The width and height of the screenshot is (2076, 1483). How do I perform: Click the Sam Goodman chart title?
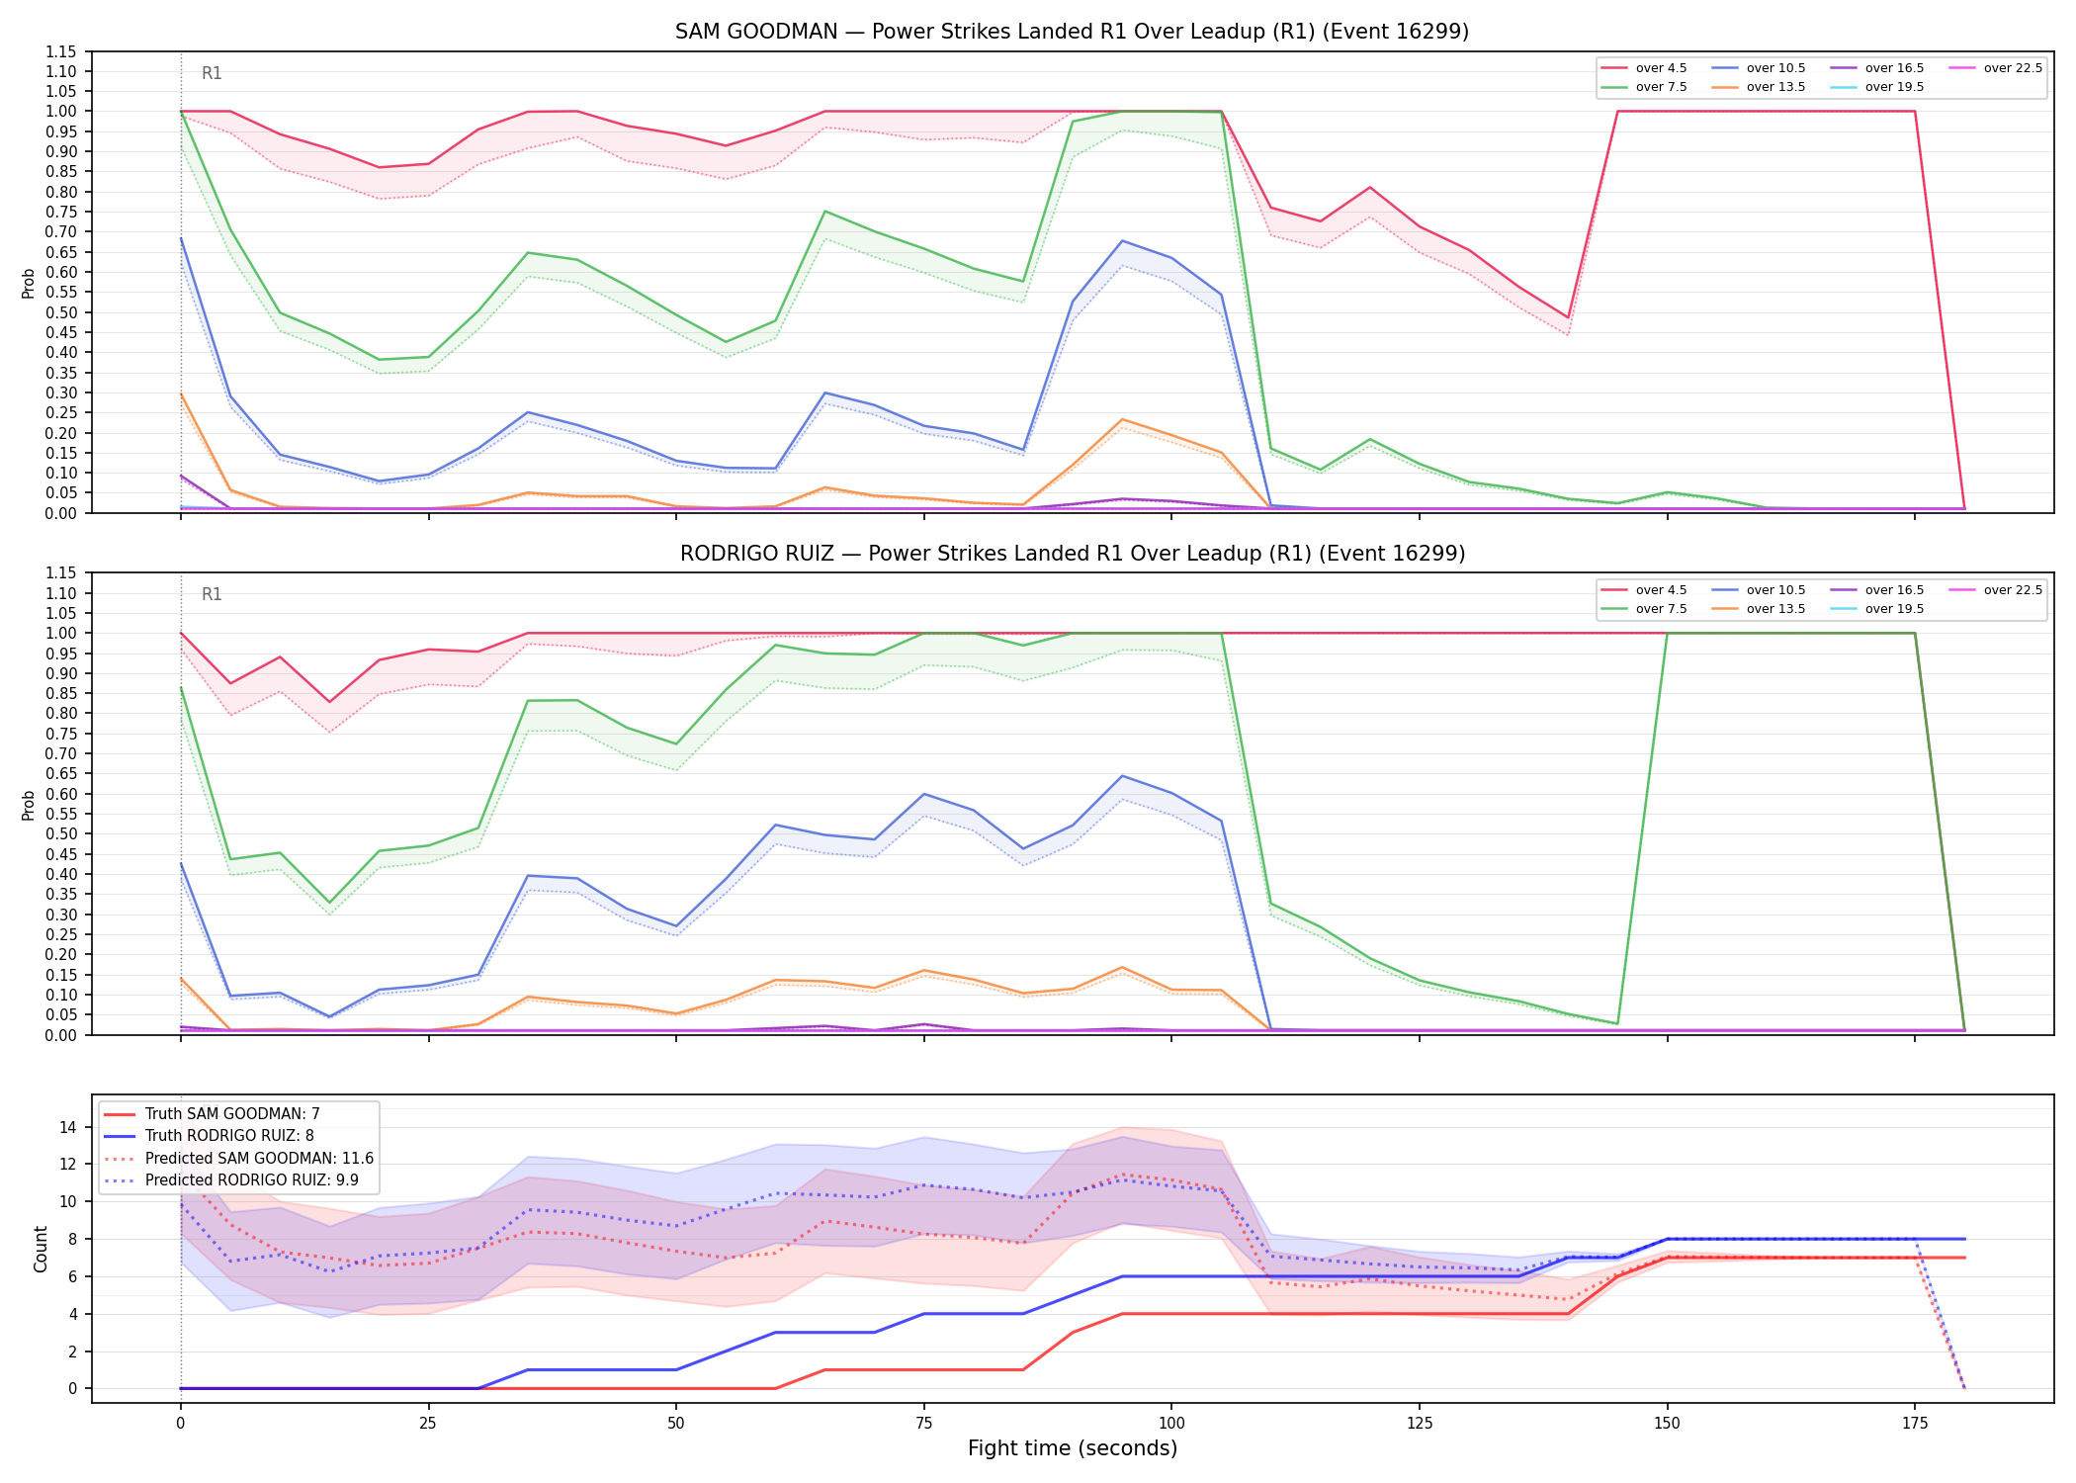1072,32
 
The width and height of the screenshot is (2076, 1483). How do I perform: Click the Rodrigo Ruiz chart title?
1072,554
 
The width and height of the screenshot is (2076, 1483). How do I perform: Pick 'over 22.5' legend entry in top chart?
1995,68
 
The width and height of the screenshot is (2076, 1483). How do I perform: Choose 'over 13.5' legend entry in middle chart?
1759,609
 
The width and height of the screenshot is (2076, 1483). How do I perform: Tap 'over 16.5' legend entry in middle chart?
1877,590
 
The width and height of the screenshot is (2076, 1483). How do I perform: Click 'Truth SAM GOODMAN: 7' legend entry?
212,1114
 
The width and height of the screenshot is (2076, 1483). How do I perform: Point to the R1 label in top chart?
212,73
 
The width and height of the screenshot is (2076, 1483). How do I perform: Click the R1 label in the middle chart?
212,594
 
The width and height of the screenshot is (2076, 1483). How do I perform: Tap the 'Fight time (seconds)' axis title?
1073,1448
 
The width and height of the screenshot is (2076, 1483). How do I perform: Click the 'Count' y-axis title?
41,1249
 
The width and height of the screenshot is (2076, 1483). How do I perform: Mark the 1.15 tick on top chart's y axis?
61,51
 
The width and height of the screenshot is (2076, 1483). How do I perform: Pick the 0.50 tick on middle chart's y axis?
61,834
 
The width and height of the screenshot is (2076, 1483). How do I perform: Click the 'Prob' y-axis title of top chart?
29,284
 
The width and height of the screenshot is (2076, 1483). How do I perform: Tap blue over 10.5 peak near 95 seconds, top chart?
1122,241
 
